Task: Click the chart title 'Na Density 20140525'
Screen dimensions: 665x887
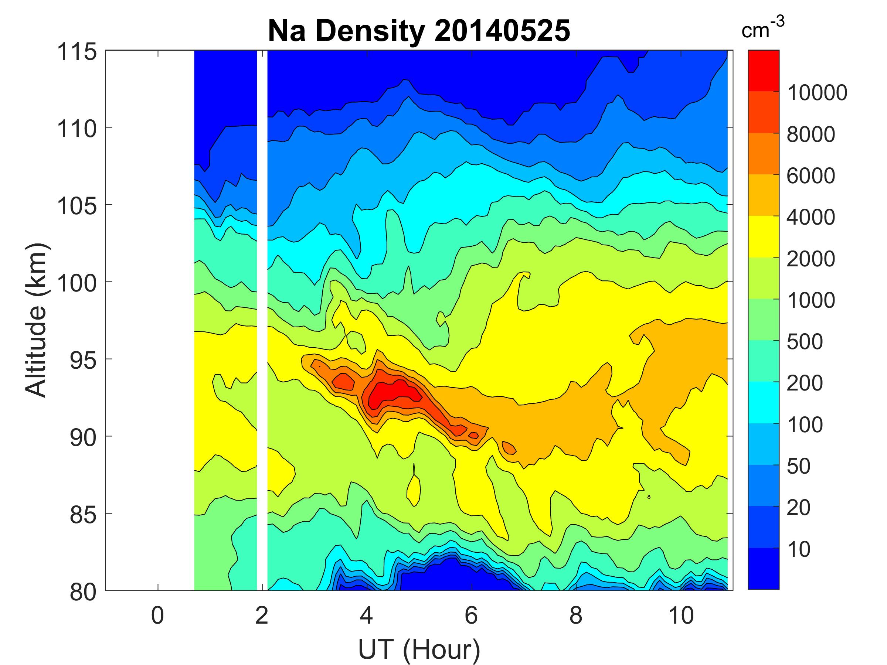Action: click(x=419, y=31)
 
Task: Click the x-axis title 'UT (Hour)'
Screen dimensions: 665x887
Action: click(x=419, y=650)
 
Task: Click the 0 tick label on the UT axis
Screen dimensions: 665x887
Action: click(x=157, y=615)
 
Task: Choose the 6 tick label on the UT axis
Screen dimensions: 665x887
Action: click(x=471, y=615)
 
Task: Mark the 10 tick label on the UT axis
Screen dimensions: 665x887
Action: click(x=681, y=615)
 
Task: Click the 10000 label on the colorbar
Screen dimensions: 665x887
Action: click(x=817, y=93)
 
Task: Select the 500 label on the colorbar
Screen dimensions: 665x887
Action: click(x=804, y=342)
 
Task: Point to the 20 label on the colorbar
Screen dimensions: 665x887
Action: click(x=798, y=508)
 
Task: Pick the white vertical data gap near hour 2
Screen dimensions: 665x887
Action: click(x=262, y=321)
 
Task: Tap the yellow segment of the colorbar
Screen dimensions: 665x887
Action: click(x=763, y=236)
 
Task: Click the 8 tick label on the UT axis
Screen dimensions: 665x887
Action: click(x=576, y=615)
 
